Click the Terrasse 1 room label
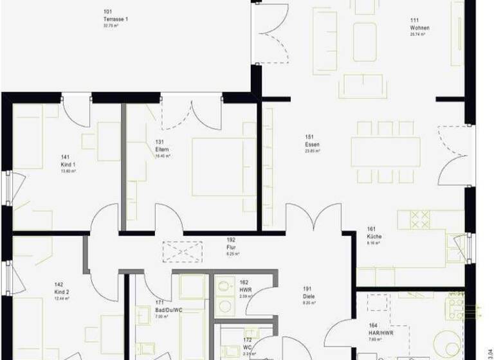[116, 19]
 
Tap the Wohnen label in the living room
[419, 28]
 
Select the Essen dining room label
[312, 145]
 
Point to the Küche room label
[374, 237]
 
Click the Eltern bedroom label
[161, 149]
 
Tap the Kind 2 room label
[62, 292]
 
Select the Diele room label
[309, 296]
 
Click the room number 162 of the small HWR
[244, 282]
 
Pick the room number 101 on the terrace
[107, 12]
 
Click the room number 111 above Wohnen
[415, 21]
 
